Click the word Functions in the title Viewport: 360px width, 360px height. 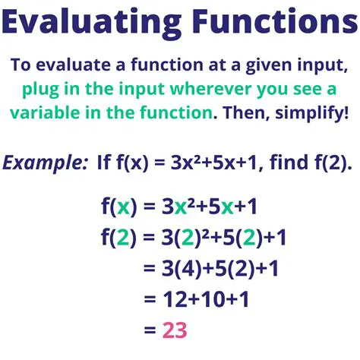tap(272, 26)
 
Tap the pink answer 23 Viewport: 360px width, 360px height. tap(175, 330)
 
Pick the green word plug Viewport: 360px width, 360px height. tap(46, 90)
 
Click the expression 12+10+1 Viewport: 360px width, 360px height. tap(201, 300)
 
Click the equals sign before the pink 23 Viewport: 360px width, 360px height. tap(147, 330)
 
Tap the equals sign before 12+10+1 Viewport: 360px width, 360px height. tap(147, 300)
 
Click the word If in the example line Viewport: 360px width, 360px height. tap(106, 163)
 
